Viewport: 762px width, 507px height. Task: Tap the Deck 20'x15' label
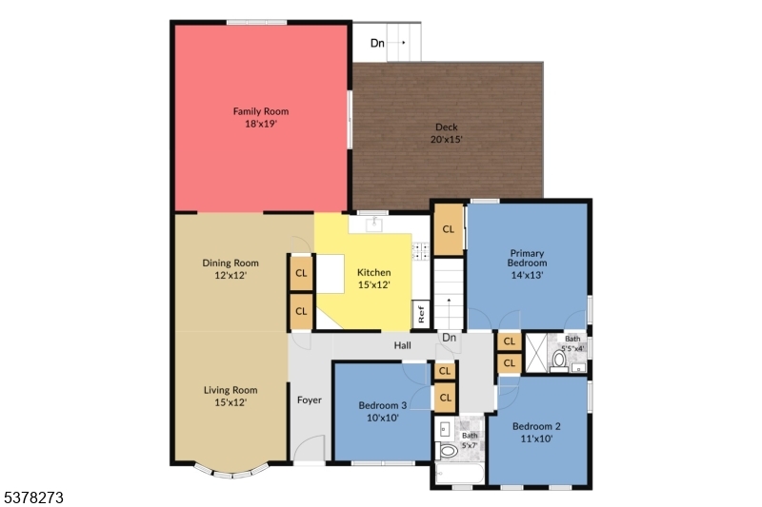point(447,133)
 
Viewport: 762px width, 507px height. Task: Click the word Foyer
point(309,400)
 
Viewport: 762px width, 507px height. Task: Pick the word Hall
point(402,346)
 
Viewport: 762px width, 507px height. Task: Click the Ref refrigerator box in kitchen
point(420,313)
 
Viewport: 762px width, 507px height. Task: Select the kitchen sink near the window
point(374,224)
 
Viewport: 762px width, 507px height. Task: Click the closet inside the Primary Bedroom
point(448,228)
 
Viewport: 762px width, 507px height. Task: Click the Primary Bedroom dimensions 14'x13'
point(527,275)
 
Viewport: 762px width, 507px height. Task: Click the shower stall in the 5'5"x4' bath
point(538,353)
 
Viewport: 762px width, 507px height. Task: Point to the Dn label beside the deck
point(378,43)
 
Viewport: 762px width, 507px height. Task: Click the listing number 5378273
point(33,497)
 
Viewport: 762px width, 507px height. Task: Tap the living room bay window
point(231,470)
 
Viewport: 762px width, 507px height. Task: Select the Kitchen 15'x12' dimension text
point(373,284)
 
